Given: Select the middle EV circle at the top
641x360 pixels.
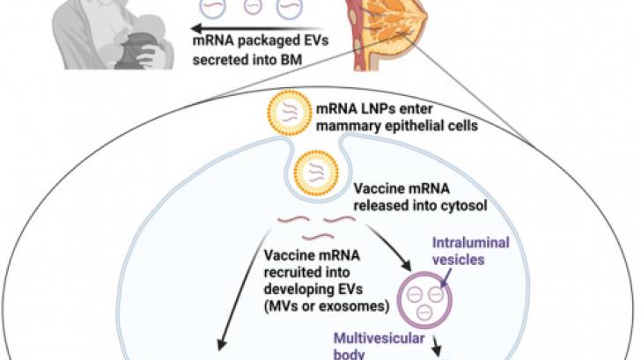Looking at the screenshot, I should point(253,8).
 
